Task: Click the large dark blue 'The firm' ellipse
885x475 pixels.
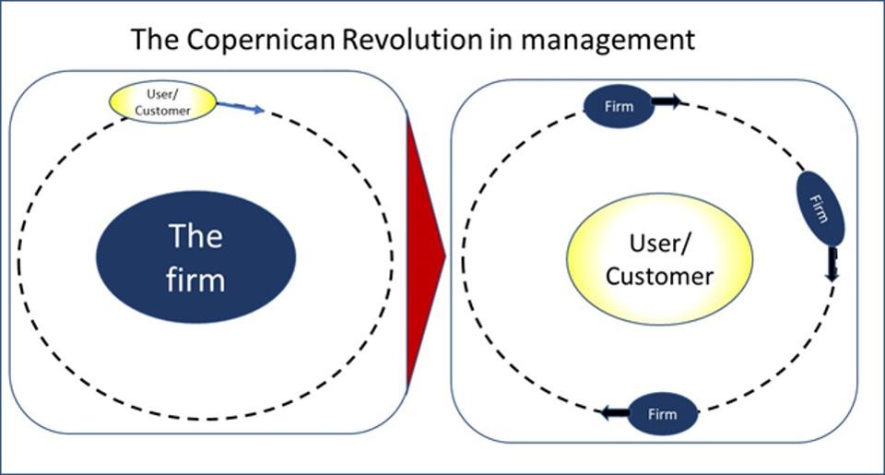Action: click(x=196, y=259)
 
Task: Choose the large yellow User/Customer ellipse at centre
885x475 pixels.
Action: click(x=659, y=259)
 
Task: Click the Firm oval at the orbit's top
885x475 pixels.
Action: click(x=618, y=106)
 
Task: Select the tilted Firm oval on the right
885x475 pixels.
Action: click(x=820, y=206)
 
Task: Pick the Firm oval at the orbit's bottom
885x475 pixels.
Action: click(x=661, y=413)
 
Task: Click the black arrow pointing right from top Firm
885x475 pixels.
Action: click(x=667, y=101)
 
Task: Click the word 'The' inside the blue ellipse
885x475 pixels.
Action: click(x=195, y=237)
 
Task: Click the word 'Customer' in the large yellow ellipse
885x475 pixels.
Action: click(x=659, y=276)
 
